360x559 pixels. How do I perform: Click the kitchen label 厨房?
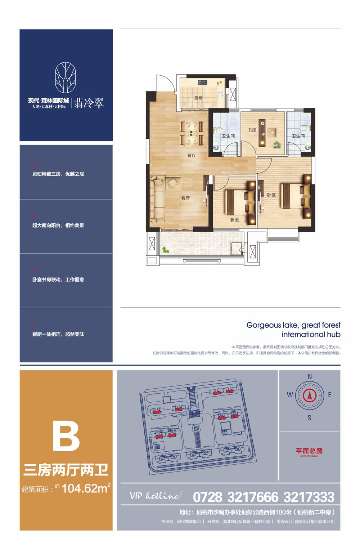[198, 98]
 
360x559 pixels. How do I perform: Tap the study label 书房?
[252, 130]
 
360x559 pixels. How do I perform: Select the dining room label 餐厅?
[192, 156]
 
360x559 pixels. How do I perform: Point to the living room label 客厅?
[185, 198]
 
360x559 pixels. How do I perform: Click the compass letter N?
[310, 376]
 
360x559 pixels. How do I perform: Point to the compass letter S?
[309, 418]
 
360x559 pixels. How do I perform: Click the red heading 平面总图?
[309, 451]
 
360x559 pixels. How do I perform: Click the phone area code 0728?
[208, 497]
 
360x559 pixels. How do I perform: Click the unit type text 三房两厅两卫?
[66, 470]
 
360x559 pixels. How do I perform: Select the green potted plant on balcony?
[166, 250]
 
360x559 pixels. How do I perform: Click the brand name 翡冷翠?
[89, 103]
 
